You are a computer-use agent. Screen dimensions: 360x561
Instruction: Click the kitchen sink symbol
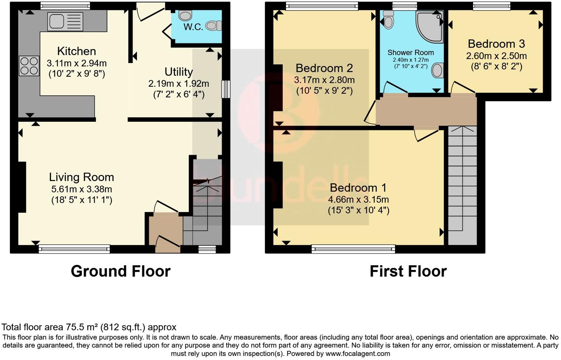click(x=65, y=21)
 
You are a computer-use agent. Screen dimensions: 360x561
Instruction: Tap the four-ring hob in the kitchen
click(x=29, y=66)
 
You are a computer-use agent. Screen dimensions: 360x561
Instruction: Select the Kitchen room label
click(x=76, y=51)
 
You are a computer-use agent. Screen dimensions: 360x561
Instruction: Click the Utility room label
click(x=179, y=72)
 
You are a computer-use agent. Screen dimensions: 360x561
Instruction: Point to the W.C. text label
click(x=193, y=27)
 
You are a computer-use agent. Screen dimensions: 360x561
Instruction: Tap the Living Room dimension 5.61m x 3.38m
click(x=82, y=189)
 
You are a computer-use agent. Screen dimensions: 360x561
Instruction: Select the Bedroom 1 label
click(x=358, y=188)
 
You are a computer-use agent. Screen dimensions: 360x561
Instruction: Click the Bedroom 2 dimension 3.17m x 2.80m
click(x=324, y=80)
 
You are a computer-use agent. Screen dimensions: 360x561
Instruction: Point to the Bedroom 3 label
click(x=496, y=44)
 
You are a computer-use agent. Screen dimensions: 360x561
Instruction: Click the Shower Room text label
click(x=410, y=53)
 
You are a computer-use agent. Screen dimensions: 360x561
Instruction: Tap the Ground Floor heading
click(x=120, y=271)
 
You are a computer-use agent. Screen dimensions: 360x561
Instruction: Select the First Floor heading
click(x=408, y=271)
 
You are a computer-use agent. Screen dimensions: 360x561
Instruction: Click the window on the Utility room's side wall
click(x=226, y=89)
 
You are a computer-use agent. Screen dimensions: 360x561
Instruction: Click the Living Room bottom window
click(x=74, y=249)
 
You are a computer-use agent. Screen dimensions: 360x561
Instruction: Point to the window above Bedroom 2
click(x=322, y=6)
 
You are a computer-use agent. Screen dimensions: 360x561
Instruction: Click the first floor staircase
click(x=462, y=184)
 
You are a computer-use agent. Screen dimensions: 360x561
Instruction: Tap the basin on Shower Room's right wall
click(x=437, y=70)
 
